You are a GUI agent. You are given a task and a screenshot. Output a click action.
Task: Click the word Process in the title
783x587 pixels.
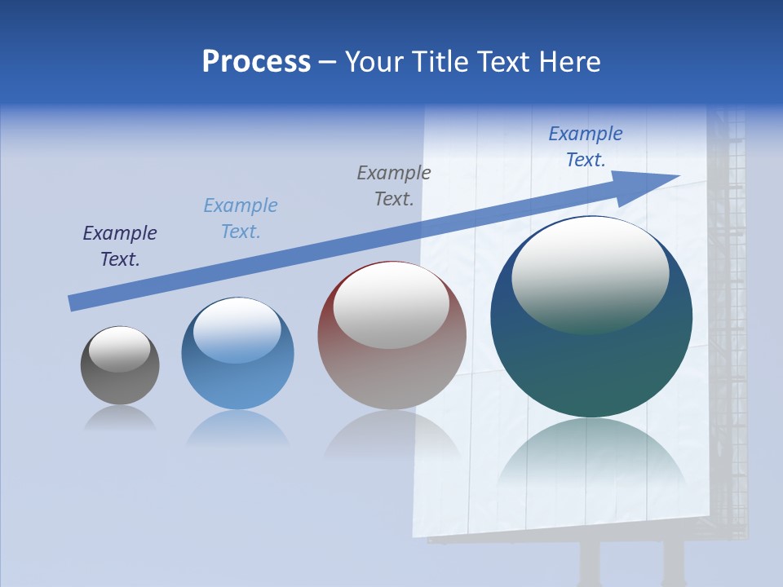pyautogui.click(x=256, y=62)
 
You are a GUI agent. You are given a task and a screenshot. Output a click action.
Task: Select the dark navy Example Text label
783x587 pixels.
pyautogui.click(x=120, y=246)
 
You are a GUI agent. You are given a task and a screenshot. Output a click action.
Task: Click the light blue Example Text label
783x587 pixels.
pyautogui.click(x=241, y=218)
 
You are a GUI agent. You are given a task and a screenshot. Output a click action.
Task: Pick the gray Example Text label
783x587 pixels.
pyautogui.click(x=394, y=186)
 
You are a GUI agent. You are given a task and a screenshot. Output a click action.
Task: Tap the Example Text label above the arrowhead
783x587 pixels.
pyautogui.click(x=586, y=147)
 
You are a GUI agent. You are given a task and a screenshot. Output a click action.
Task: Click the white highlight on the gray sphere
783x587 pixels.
pyautogui.click(x=120, y=348)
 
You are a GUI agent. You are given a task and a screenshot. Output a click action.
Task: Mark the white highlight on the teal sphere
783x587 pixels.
pyautogui.click(x=590, y=273)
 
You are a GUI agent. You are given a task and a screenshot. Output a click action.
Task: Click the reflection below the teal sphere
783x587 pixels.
pyautogui.click(x=591, y=457)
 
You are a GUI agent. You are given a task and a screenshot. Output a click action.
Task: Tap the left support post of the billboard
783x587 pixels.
pyautogui.click(x=589, y=563)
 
